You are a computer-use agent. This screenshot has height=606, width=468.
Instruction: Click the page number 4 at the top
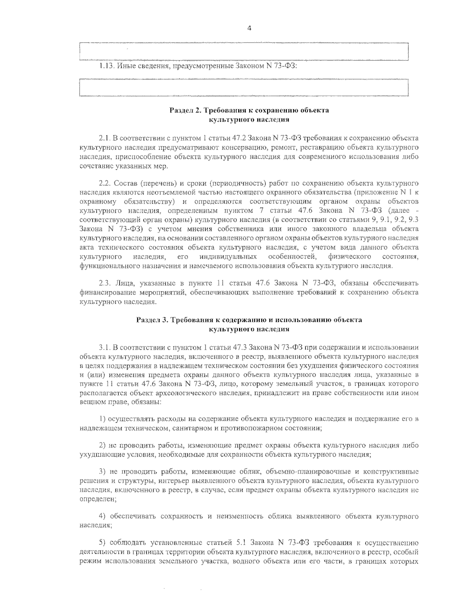pos(249,28)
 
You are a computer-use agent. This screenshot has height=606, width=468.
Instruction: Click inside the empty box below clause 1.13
pos(243,87)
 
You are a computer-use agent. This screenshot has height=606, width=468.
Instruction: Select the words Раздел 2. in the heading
pos(184,110)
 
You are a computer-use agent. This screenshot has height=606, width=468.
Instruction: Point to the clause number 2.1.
pos(105,138)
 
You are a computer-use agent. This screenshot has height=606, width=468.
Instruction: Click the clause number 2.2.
pos(105,183)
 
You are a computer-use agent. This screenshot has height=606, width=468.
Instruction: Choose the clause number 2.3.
pos(105,283)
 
